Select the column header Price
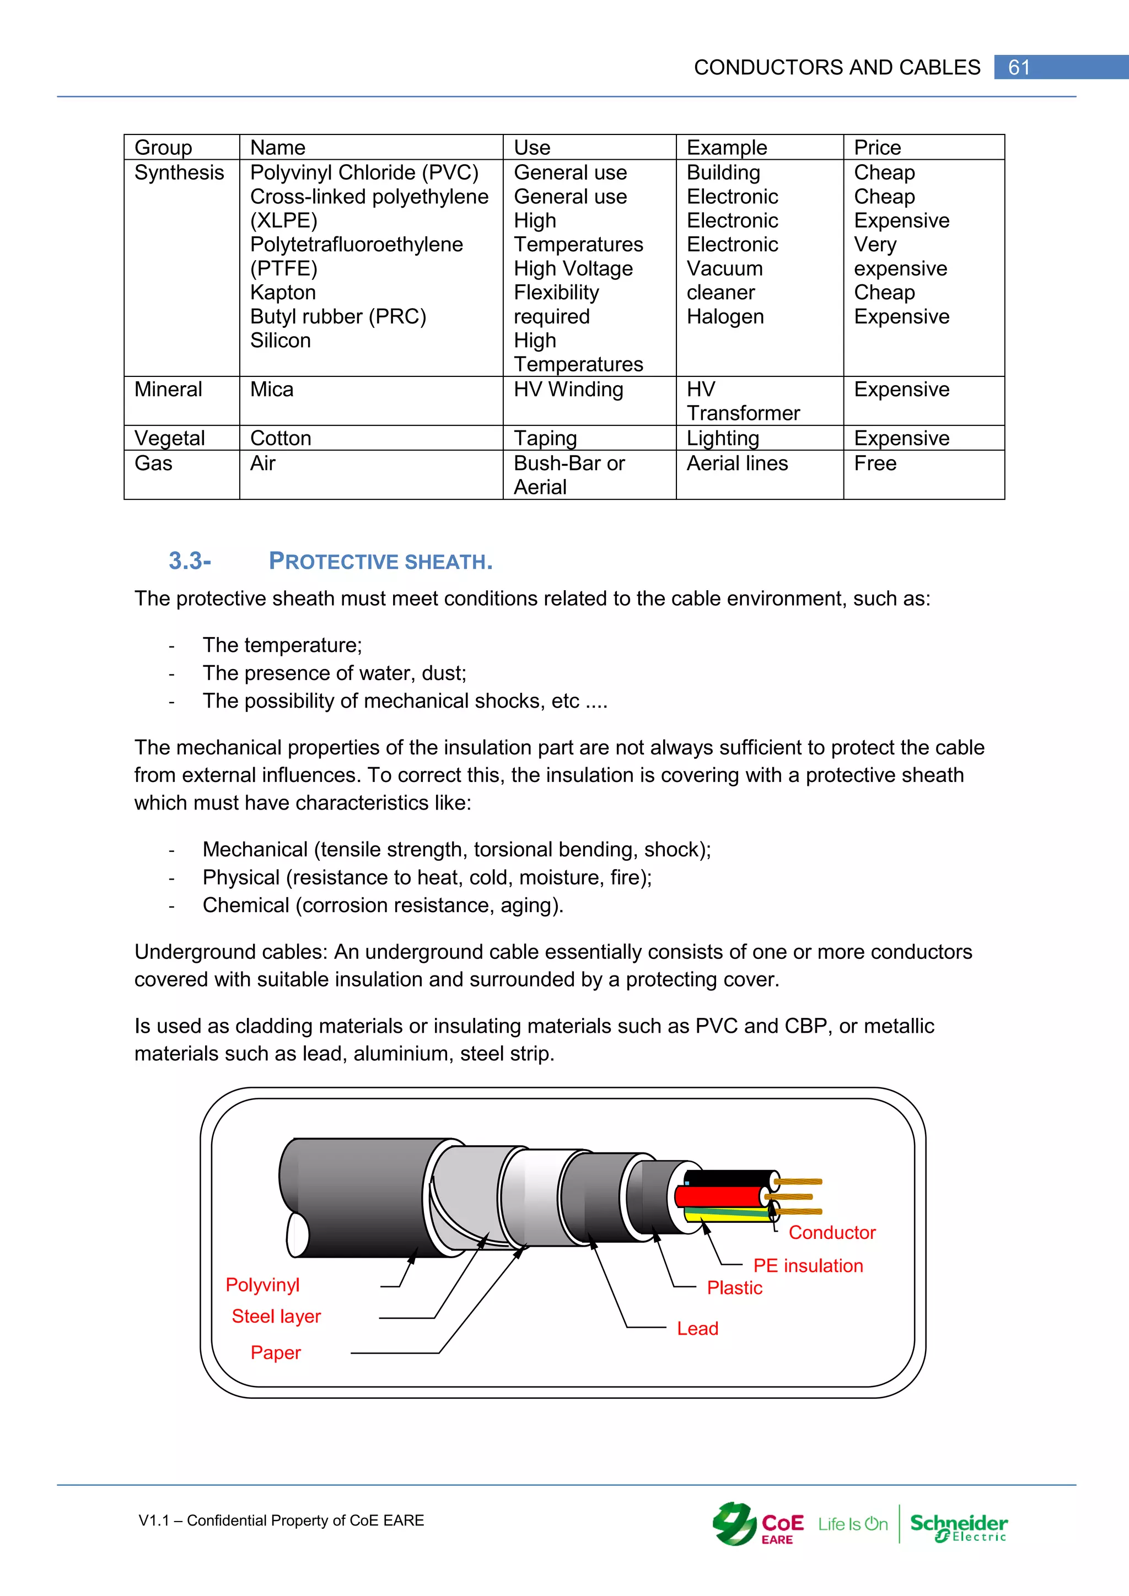877,147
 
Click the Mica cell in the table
272,389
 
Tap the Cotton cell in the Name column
280,438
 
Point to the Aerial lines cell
737,463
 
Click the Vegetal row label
170,438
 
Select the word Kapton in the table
283,292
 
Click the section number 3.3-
190,560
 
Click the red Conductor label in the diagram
831,1232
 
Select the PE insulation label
808,1265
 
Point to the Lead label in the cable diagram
697,1328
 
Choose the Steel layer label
276,1316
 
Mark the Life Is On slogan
852,1524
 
